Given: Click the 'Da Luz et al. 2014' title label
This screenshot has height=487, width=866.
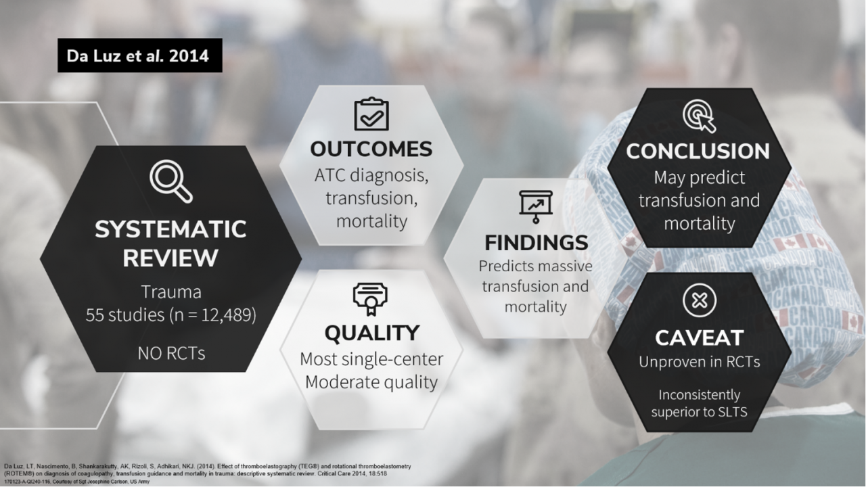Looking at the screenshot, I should pos(139,55).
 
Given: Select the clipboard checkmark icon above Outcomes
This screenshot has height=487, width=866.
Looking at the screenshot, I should pos(371,114).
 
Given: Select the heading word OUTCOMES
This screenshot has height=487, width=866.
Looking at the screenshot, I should pos(371,149).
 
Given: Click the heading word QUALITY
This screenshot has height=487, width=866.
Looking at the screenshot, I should pos(371,333).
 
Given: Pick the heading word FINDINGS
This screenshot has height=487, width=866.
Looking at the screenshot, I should pos(536,242).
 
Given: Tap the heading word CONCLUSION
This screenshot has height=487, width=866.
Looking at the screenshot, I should pos(698,151).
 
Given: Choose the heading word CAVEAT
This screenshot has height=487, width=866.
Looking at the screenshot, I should pos(699,337).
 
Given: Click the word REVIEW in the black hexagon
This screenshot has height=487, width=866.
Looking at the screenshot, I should pos(170,258).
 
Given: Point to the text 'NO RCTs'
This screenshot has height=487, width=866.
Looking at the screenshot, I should pos(170,352).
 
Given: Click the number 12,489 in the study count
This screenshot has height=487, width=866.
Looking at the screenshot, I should pos(227,315).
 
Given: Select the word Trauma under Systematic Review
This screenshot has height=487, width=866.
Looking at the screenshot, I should pos(170,292).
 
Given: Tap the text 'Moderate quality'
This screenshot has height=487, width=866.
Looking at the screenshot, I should pos(371,382).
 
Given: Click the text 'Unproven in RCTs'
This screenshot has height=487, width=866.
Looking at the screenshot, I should pos(699,362).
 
